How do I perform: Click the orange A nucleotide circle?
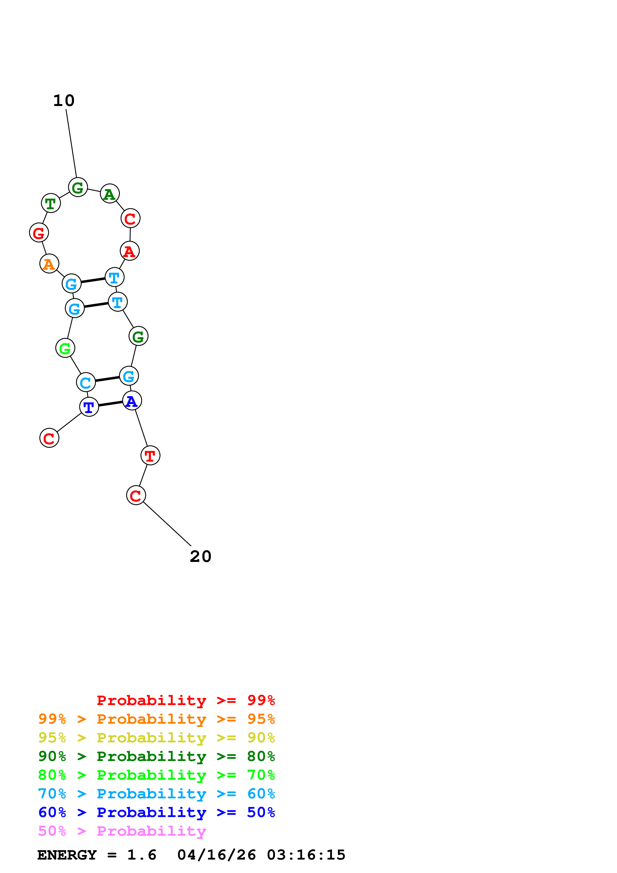coord(49,264)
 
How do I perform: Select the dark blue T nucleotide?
coord(89,407)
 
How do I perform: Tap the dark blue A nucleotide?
coord(132,401)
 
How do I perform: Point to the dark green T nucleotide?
coord(51,203)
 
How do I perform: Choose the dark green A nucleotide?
coord(110,194)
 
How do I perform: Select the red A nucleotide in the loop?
coord(130,251)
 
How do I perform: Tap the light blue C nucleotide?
coord(86,382)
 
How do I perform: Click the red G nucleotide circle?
coord(39,233)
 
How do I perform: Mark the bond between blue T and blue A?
coord(110,404)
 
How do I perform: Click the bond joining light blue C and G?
coord(107,379)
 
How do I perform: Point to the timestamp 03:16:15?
coord(306,855)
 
